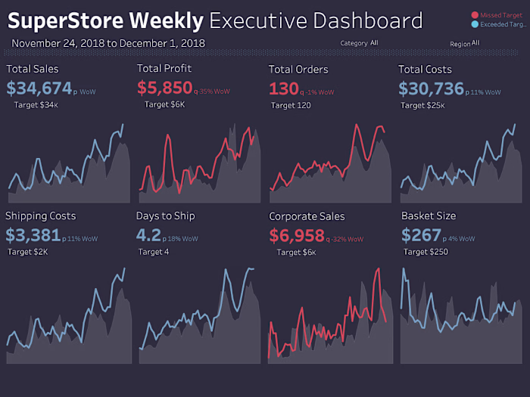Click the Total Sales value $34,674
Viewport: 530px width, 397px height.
39,88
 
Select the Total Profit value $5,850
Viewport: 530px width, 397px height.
164,88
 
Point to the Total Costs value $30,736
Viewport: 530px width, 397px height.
431,88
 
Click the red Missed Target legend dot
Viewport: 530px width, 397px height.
475,15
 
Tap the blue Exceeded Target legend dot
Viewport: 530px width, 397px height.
475,24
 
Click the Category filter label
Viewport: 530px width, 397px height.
354,44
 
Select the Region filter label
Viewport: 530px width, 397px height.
460,44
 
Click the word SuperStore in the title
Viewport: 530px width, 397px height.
67,20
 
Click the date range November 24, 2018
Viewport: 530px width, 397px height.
58,44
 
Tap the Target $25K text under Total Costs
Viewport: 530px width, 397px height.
422,105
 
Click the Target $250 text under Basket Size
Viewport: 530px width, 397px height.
425,252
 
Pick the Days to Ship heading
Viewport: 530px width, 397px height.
165,216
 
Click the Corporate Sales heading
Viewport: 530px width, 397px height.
307,216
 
